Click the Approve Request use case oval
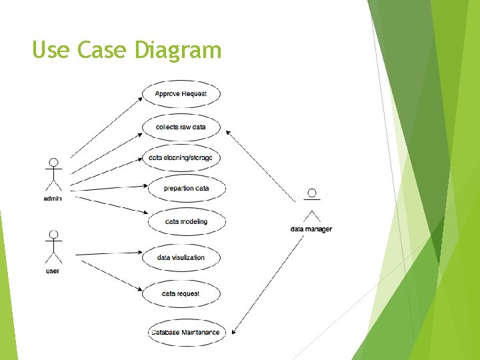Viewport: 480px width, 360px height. point(181,94)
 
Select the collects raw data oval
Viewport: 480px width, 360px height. point(181,127)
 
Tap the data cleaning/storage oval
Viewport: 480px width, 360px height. point(181,158)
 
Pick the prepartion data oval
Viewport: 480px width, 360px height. point(186,189)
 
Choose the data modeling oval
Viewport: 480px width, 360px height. point(186,221)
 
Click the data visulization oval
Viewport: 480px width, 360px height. point(181,257)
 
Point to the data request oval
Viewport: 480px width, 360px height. point(181,293)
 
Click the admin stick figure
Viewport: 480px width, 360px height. point(53,175)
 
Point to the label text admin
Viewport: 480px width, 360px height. point(53,199)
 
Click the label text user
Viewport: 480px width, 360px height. point(53,271)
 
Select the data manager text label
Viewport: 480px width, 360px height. point(311,229)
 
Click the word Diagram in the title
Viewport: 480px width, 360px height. point(177,50)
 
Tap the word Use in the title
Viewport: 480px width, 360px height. point(51,50)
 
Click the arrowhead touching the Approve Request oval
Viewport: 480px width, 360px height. point(141,99)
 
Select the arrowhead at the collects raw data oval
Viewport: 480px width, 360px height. point(228,132)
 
